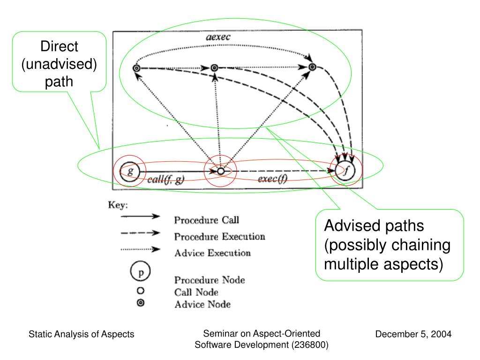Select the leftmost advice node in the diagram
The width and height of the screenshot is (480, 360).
pyautogui.click(x=136, y=68)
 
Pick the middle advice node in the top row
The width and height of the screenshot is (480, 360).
pyautogui.click(x=214, y=67)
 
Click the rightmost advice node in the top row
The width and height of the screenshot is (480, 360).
pyautogui.click(x=312, y=67)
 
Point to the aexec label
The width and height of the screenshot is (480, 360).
pyautogui.click(x=218, y=37)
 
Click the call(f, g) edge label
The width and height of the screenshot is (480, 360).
pyautogui.click(x=166, y=180)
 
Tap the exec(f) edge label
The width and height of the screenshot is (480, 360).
pyautogui.click(x=272, y=179)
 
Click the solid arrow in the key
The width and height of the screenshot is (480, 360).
pyautogui.click(x=140, y=217)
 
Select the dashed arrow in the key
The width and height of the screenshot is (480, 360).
pyautogui.click(x=140, y=233)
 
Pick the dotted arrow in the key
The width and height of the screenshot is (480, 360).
pyautogui.click(x=140, y=249)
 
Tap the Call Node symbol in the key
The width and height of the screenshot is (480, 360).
pyautogui.click(x=141, y=291)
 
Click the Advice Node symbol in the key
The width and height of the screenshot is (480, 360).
pyautogui.click(x=141, y=303)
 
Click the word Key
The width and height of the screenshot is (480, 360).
pyautogui.click(x=118, y=205)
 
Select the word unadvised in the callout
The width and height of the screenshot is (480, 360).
pyautogui.click(x=59, y=64)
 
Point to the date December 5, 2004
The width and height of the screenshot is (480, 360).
pyautogui.click(x=413, y=334)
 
